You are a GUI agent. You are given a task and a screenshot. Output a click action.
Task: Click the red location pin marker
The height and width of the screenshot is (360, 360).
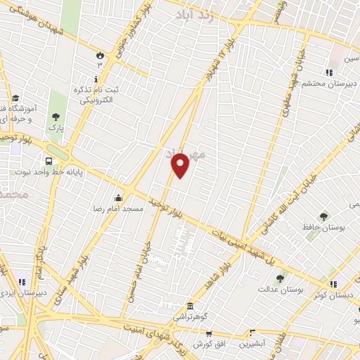181,166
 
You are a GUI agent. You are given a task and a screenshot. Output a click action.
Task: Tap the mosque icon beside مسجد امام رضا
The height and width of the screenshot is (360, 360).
118,198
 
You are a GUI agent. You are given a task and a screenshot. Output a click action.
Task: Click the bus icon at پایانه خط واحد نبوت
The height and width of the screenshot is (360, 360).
49,159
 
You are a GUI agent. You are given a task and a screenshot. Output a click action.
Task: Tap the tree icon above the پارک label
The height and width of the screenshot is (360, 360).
56,117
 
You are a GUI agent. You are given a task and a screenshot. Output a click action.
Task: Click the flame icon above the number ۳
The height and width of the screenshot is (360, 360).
99,54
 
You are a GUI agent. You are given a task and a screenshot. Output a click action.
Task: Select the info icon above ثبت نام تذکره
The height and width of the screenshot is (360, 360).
96,79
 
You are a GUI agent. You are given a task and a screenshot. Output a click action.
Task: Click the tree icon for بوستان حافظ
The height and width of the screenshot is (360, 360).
323,217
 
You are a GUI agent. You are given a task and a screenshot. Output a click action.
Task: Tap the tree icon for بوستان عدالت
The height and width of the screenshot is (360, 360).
280,278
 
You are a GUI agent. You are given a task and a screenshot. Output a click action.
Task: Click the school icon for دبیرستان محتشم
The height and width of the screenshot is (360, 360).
328,72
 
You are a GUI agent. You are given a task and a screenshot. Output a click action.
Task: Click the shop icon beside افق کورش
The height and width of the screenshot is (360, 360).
249,332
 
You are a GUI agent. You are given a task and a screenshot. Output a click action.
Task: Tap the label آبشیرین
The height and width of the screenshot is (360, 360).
251,344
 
